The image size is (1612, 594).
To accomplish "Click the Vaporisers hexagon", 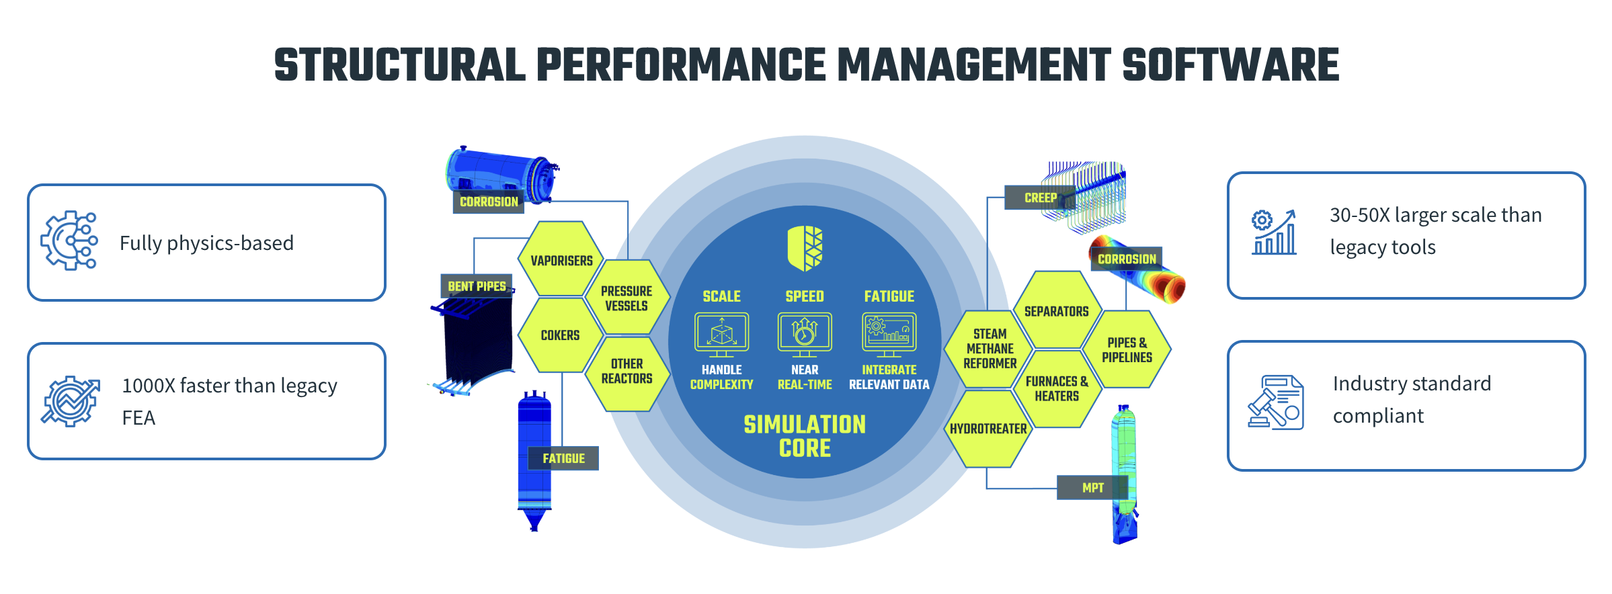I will [561, 260].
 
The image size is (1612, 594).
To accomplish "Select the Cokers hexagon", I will [560, 335].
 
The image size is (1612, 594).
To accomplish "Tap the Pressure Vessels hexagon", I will [627, 298].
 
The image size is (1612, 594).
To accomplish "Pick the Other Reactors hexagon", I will [627, 372].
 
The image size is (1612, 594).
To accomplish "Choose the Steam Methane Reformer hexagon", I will [990, 349].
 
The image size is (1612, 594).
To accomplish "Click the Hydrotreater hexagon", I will [988, 429].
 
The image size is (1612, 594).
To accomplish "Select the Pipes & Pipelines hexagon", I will [1127, 350].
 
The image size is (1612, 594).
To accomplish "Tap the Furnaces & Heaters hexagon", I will [1057, 389].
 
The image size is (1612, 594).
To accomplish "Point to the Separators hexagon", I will [1056, 311].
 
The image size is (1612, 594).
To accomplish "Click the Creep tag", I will [1040, 198].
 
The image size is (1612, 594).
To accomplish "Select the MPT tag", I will [1092, 488].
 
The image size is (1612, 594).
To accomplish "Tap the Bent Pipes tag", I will [477, 286].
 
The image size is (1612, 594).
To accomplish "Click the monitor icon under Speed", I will [805, 334].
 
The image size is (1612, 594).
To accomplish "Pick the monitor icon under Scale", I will [721, 334].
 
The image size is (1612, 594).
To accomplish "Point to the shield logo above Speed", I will [805, 248].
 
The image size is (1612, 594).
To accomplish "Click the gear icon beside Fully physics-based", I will [69, 241].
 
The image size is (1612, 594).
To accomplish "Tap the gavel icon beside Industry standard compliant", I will [1275, 402].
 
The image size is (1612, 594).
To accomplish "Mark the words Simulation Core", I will [805, 436].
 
